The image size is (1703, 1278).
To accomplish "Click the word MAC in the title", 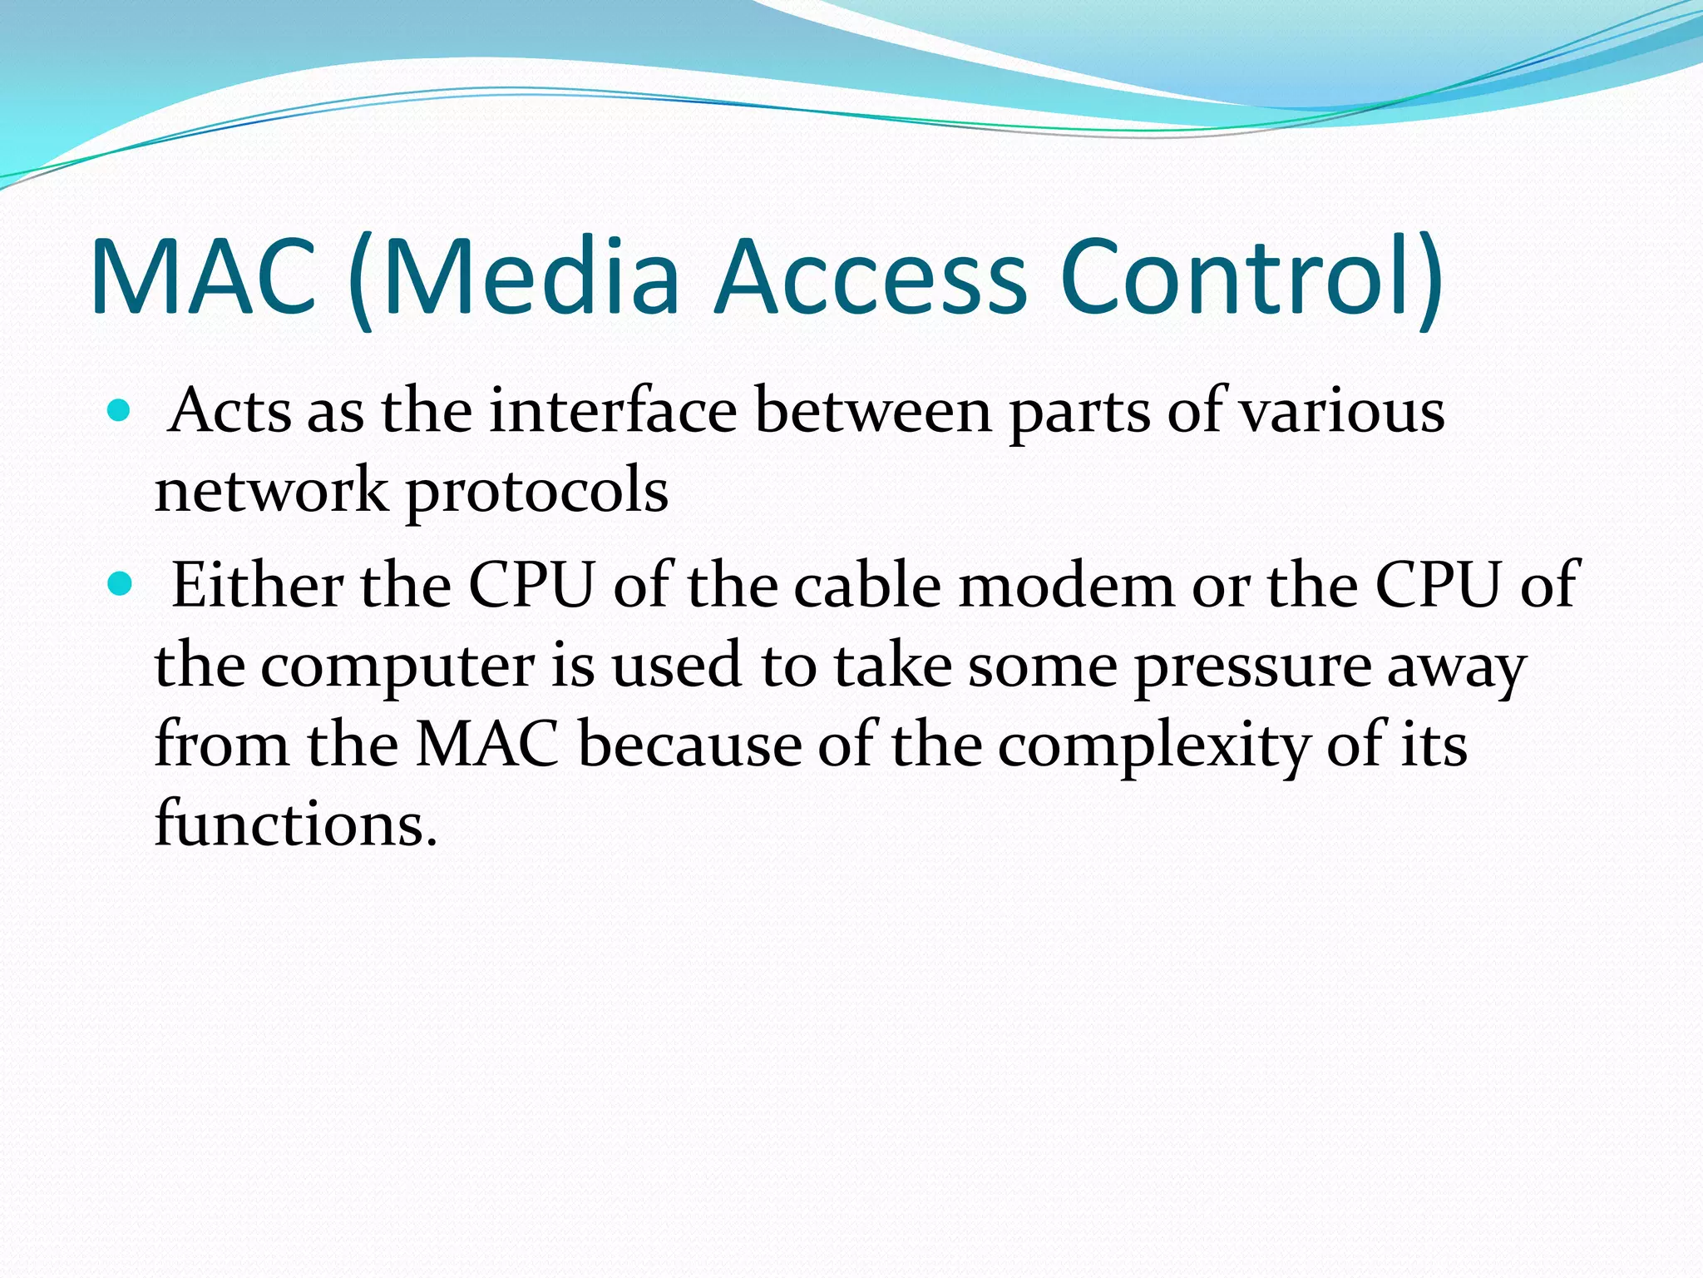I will click(204, 277).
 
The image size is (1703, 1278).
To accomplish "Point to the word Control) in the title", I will click(1251, 277).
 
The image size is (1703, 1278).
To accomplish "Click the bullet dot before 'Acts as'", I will click(120, 410).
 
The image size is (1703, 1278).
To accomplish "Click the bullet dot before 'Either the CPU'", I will click(120, 585).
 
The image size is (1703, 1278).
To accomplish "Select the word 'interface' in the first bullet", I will click(613, 411).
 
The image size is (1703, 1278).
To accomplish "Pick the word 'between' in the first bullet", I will click(873, 411).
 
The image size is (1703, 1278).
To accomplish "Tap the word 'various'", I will click(1342, 411).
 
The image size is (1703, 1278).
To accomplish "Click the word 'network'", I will click(271, 490).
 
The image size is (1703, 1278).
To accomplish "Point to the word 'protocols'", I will click(536, 492).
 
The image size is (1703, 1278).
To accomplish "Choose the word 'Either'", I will click(256, 585).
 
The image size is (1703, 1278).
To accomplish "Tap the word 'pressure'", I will click(1251, 666).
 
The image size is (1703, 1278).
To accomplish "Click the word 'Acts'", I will click(230, 411).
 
